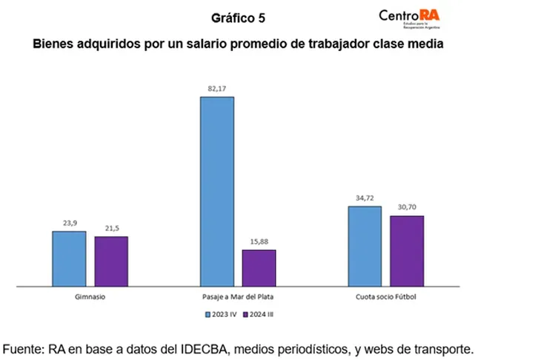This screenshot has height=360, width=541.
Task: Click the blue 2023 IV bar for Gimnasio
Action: pyautogui.click(x=69, y=259)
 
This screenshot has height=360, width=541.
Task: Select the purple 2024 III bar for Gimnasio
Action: pyautogui.click(x=111, y=261)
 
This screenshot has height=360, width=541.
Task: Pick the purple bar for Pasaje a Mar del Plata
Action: pyautogui.click(x=259, y=267)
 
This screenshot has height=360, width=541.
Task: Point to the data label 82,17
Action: pyautogui.click(x=217, y=89)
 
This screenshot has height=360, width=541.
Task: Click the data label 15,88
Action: pyautogui.click(x=259, y=242)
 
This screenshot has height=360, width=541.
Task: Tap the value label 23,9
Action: pyautogui.click(x=69, y=224)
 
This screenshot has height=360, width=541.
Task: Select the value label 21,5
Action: pyautogui.click(x=111, y=229)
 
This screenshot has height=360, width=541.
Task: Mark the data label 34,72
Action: pyautogui.click(x=365, y=199)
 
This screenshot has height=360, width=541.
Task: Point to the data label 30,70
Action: pyautogui.click(x=407, y=208)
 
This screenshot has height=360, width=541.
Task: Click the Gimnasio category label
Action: pyautogui.click(x=90, y=298)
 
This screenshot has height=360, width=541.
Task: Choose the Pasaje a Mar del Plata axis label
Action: pyautogui.click(x=238, y=298)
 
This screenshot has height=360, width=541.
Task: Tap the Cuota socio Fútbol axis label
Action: pyautogui.click(x=385, y=298)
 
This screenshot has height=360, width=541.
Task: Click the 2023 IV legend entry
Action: pyautogui.click(x=222, y=313)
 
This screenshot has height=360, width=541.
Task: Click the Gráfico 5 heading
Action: pyautogui.click(x=238, y=17)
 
